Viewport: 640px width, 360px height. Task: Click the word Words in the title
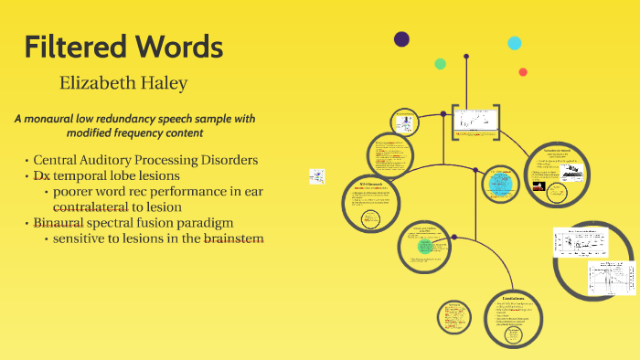point(176,46)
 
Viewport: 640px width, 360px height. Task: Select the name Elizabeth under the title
point(98,83)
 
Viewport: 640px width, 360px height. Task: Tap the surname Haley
point(165,83)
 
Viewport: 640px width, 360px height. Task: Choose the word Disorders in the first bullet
point(228,160)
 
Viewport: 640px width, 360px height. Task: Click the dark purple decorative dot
point(401,38)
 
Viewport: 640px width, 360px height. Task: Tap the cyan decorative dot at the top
point(515,43)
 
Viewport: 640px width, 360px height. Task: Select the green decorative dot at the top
point(440,64)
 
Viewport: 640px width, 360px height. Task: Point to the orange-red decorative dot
point(523,72)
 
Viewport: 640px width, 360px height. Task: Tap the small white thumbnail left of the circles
point(317,175)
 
